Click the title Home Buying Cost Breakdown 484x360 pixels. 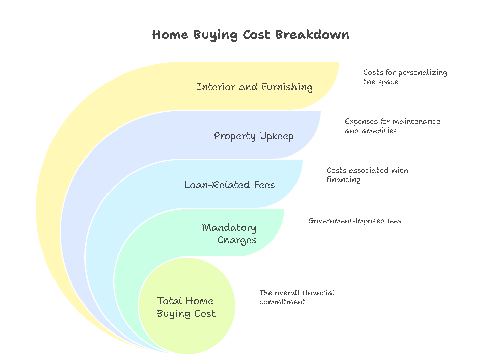(x=251, y=35)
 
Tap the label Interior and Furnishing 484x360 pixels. (x=254, y=87)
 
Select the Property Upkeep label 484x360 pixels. (x=254, y=136)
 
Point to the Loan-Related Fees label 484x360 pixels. (x=229, y=185)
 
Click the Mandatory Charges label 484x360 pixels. (x=229, y=234)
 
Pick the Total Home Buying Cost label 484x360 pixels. (x=186, y=307)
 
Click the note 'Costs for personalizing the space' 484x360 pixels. (x=405, y=77)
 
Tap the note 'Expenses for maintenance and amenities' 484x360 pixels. (x=392, y=126)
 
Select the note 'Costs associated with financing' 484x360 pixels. (x=367, y=175)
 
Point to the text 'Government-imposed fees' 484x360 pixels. (x=355, y=221)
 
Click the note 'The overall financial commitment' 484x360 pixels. (x=297, y=297)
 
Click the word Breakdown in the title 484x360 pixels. (x=312, y=34)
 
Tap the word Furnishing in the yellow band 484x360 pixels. (x=287, y=87)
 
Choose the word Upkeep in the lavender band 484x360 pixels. (x=277, y=136)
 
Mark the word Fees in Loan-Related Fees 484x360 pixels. (x=264, y=185)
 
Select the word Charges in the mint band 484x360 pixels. (x=236, y=240)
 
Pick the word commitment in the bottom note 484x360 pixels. (x=282, y=302)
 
